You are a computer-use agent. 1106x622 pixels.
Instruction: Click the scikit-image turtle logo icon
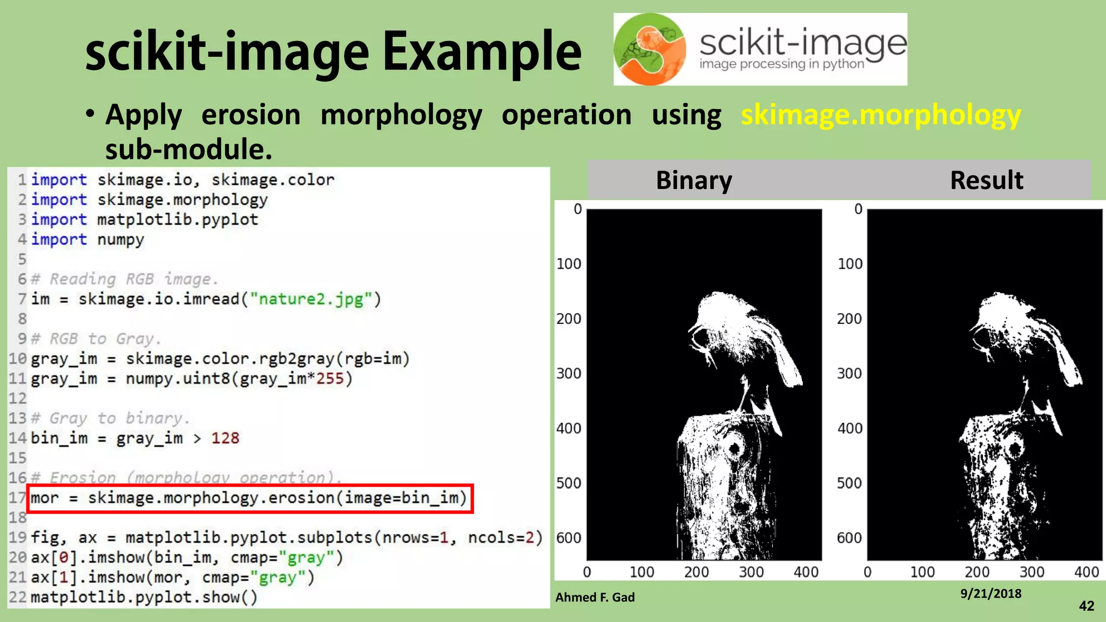pyautogui.click(x=650, y=49)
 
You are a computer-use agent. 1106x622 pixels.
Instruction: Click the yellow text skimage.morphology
pyautogui.click(x=880, y=115)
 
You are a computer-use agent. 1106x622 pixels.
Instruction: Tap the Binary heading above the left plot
pyautogui.click(x=693, y=180)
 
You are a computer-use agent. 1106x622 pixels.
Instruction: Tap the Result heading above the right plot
pyautogui.click(x=986, y=180)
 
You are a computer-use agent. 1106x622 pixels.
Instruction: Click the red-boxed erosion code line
pyautogui.click(x=249, y=498)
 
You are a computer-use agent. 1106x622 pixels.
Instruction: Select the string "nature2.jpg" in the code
pyautogui.click(x=311, y=299)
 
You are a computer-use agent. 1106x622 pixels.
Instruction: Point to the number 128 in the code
pyautogui.click(x=225, y=438)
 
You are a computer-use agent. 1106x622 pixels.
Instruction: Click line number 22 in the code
pyautogui.click(x=17, y=597)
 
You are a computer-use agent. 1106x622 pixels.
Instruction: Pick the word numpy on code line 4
pyautogui.click(x=120, y=240)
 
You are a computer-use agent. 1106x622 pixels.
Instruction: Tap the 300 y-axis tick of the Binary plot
pyautogui.click(x=569, y=373)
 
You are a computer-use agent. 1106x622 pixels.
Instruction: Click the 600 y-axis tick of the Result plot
pyautogui.click(x=849, y=538)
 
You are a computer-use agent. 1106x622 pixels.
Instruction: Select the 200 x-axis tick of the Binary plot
pyautogui.click(x=696, y=572)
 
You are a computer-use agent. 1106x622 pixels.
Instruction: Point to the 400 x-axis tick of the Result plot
pyautogui.click(x=1086, y=572)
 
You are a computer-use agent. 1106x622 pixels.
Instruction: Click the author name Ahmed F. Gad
pyautogui.click(x=595, y=597)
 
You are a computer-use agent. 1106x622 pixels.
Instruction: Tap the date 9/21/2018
pyautogui.click(x=990, y=593)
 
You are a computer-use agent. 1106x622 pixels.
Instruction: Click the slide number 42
pyautogui.click(x=1086, y=606)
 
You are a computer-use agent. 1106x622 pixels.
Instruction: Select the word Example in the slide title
pyautogui.click(x=481, y=52)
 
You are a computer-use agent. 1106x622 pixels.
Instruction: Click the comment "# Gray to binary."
pyautogui.click(x=110, y=418)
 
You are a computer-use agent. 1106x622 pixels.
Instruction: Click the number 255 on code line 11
pyautogui.click(x=329, y=378)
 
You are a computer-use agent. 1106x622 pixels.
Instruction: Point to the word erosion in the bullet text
pyautogui.click(x=251, y=115)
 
